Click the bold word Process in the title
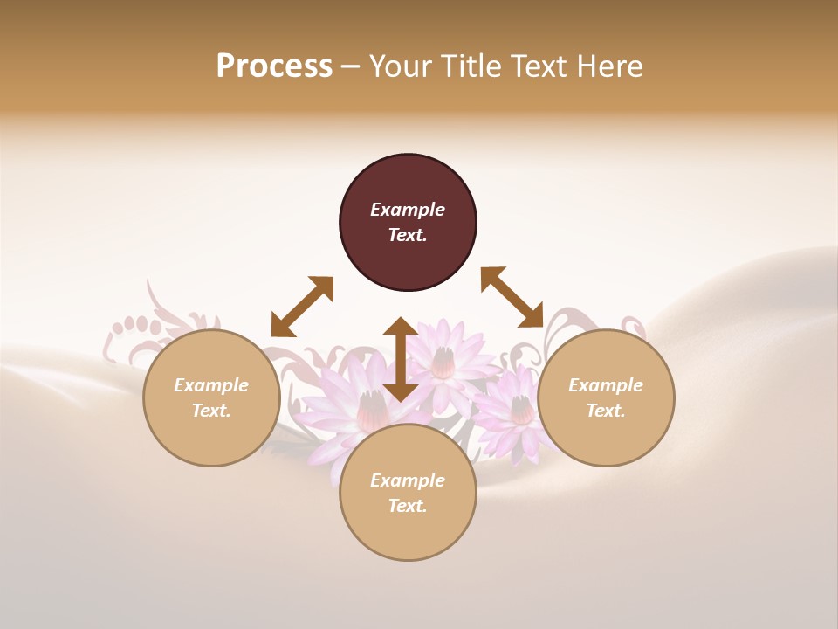click(274, 66)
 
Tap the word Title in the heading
click(471, 66)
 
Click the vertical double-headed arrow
click(401, 359)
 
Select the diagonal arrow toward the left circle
click(302, 307)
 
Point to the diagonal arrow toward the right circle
click(512, 297)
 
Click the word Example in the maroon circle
click(408, 210)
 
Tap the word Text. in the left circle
click(211, 411)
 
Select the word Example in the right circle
click(606, 385)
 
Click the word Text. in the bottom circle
click(408, 506)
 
